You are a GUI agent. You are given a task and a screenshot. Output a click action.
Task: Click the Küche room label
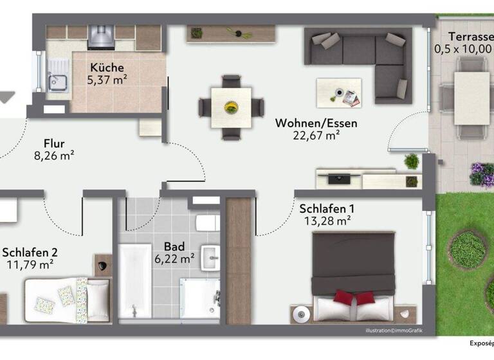(107, 67)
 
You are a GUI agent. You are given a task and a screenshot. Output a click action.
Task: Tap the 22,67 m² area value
(316, 135)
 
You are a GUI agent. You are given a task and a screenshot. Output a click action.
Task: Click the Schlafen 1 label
(326, 209)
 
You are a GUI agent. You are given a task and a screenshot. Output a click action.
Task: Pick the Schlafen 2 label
(26, 251)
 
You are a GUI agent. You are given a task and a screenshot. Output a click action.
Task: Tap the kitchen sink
(57, 82)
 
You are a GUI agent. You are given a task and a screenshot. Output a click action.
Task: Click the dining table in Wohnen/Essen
(231, 106)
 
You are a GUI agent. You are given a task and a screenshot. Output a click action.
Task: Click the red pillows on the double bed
(354, 298)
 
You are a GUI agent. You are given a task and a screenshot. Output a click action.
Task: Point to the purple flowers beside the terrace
(480, 174)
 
